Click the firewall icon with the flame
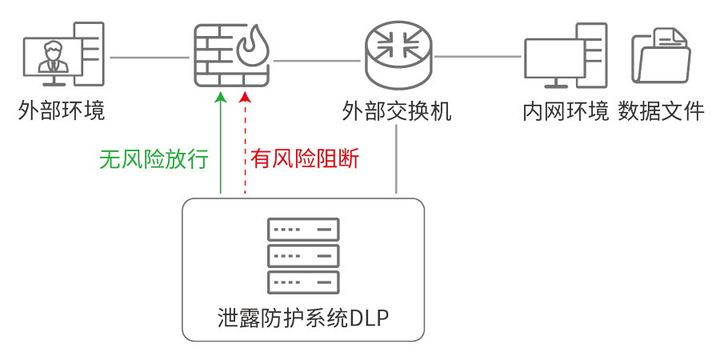(230, 56)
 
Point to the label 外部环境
(62, 110)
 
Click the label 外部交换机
(397, 110)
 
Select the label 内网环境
(566, 110)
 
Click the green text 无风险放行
(154, 159)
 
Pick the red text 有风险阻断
(304, 159)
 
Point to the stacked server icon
(303, 256)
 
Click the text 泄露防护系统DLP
(303, 318)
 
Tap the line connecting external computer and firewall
(149, 58)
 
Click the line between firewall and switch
(316, 58)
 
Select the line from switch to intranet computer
(478, 56)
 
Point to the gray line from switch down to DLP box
(397, 160)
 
